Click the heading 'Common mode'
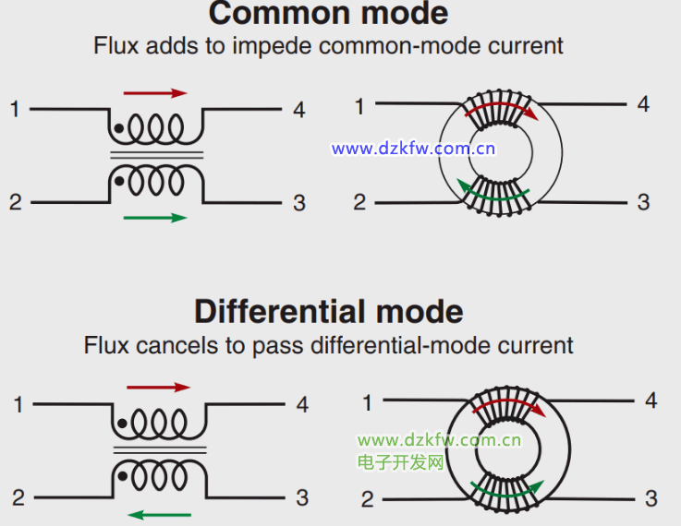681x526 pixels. pos(328,13)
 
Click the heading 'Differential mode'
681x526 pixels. pos(328,311)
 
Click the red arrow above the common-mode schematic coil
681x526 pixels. pos(154,93)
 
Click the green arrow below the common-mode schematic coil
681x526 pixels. pos(154,219)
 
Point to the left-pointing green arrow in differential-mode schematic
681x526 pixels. pos(159,514)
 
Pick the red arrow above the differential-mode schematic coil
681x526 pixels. pos(157,388)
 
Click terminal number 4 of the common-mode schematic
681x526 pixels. pos(298,110)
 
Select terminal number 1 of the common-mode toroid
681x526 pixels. pos(359,107)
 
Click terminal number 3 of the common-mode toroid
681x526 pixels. pos(643,202)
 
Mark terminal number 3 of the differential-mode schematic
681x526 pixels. pos(301,498)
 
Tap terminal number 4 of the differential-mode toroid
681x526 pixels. pos(651,400)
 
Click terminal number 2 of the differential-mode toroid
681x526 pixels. pos(367,499)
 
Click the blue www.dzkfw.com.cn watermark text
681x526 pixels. pos(414,149)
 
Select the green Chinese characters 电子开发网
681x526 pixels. pos(400,462)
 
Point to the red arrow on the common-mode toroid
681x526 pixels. pos(503,111)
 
